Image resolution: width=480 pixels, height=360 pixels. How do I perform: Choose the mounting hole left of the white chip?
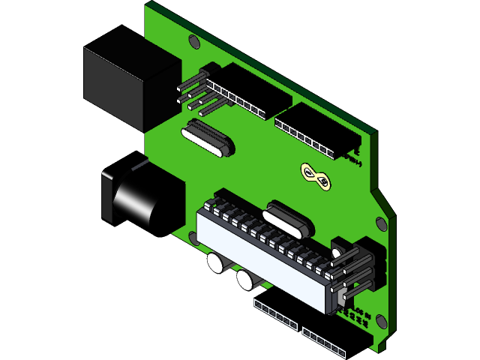(x=193, y=238)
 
